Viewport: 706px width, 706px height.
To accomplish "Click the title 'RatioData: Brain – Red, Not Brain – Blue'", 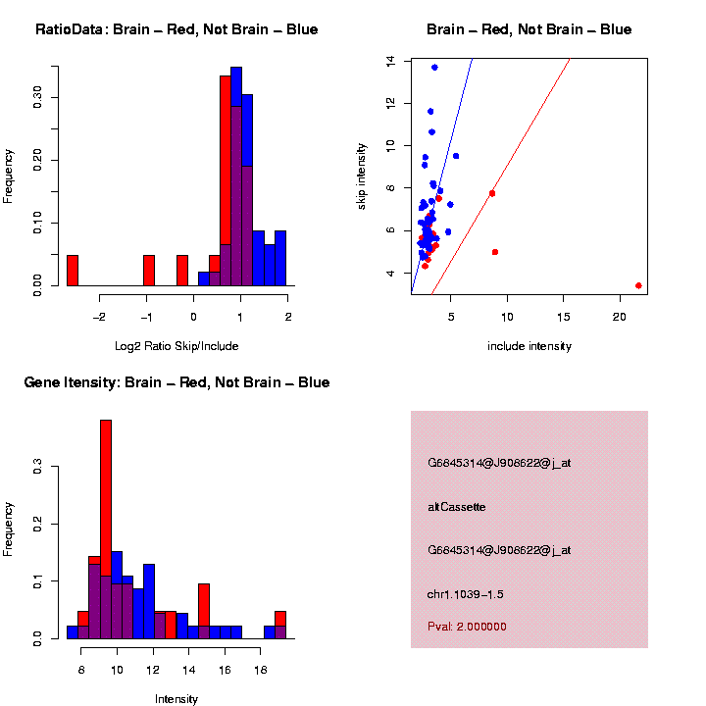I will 176,29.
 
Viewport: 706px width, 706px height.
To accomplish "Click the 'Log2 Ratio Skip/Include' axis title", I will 176,345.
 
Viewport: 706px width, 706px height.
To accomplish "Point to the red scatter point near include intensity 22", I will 638,285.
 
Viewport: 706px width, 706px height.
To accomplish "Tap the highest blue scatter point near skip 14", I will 434,67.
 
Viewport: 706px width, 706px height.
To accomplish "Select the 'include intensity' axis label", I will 529,345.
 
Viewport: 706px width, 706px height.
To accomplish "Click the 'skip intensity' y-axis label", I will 362,175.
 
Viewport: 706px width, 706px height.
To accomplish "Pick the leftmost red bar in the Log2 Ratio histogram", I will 73,271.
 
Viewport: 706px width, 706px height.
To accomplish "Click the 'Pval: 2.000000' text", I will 467,627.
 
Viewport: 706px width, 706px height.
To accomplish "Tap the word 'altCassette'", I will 457,507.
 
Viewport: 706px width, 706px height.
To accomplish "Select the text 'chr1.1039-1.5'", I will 466,594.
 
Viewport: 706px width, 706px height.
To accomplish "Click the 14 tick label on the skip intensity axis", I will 390,60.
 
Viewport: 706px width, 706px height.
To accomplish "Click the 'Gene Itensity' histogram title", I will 176,382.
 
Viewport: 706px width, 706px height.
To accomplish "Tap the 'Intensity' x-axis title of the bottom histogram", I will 176,699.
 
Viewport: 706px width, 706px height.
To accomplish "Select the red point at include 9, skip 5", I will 495,252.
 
